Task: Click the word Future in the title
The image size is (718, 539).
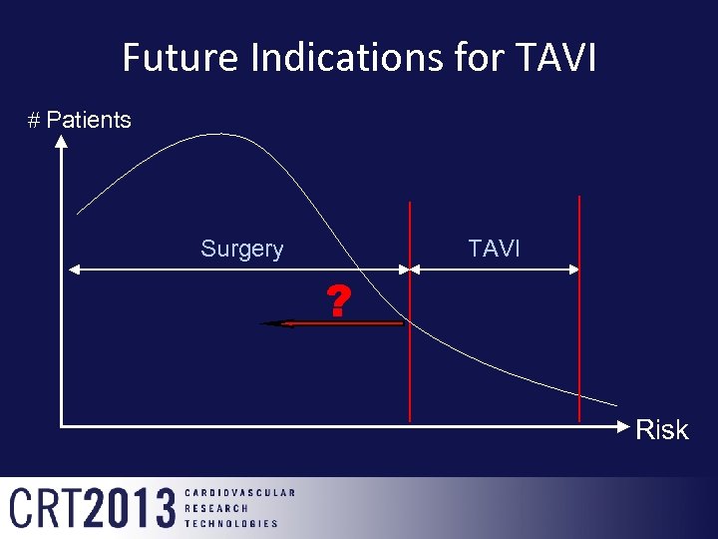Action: pyautogui.click(x=181, y=58)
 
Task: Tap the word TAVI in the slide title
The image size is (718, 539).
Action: pyautogui.click(x=556, y=58)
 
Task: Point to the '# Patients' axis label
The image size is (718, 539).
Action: pyautogui.click(x=79, y=120)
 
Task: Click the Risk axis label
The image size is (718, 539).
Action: pyautogui.click(x=662, y=430)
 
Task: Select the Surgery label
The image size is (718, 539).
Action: pyautogui.click(x=241, y=249)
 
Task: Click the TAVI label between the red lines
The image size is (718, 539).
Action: pyautogui.click(x=494, y=249)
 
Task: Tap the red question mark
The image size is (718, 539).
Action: pyautogui.click(x=339, y=300)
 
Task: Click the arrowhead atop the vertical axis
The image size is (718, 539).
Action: pyautogui.click(x=62, y=143)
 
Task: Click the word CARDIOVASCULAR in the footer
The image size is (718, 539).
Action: pyautogui.click(x=239, y=492)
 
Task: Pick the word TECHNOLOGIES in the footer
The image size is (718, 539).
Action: pyautogui.click(x=231, y=523)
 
